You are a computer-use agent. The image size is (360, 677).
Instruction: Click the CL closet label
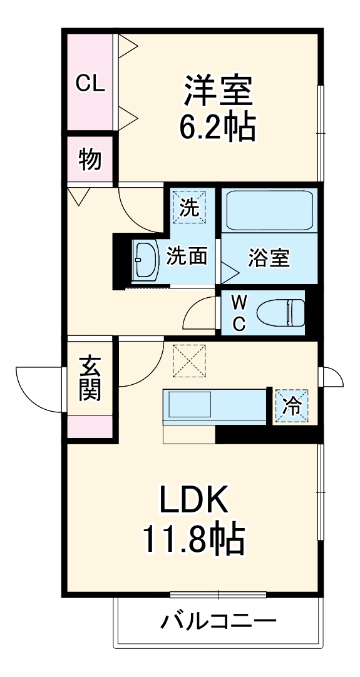pyautogui.click(x=90, y=83)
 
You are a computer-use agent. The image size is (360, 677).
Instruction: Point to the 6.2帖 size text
pyautogui.click(x=217, y=128)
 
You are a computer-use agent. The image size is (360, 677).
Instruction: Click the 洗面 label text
pyautogui.click(x=187, y=257)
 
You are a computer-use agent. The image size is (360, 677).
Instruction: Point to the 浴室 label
pyautogui.click(x=269, y=258)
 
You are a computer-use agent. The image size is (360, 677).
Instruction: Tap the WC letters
pyautogui.click(x=239, y=312)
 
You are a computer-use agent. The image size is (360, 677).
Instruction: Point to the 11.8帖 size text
pyautogui.click(x=192, y=539)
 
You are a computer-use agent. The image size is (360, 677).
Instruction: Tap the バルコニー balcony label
pyautogui.click(x=219, y=622)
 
